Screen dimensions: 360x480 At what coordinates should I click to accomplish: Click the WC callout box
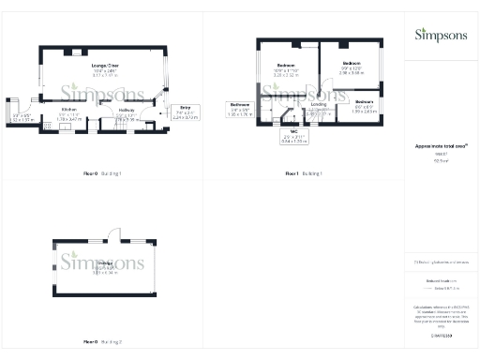[x=294, y=139]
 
